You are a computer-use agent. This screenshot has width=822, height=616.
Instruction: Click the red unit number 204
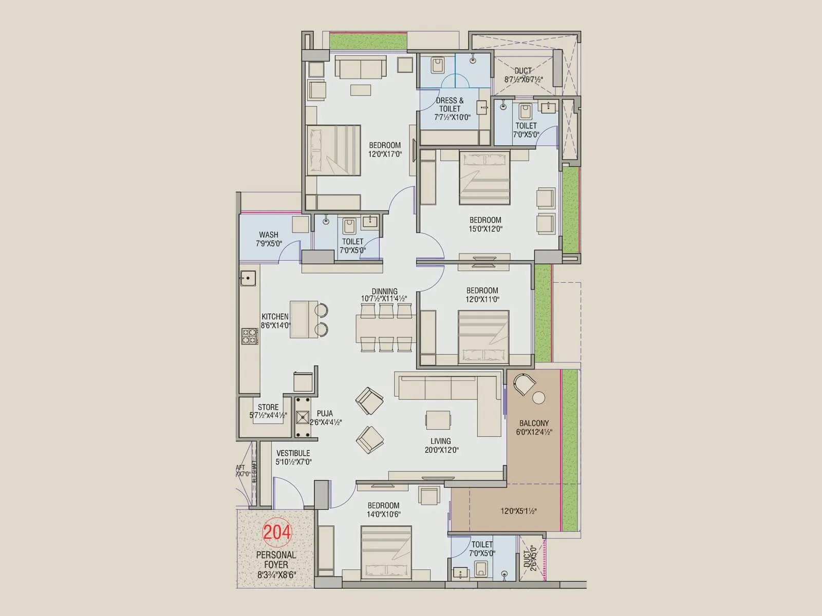point(277,532)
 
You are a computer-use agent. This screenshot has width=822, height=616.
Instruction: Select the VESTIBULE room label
point(293,453)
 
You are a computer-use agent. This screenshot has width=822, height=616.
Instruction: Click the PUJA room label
point(325,413)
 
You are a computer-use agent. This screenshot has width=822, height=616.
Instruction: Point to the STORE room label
point(268,407)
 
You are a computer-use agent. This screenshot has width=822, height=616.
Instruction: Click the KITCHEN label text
point(275,317)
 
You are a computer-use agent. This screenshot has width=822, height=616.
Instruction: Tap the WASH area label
point(269,235)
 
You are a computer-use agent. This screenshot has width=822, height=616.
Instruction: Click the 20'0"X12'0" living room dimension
point(441,450)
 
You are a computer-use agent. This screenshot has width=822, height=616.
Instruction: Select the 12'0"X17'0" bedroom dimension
point(385,154)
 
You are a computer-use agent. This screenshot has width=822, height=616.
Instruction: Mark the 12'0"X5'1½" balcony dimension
point(518,511)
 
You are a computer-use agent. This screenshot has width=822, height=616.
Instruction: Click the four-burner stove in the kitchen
point(249,337)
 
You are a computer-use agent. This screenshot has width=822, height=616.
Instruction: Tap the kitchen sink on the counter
point(248,278)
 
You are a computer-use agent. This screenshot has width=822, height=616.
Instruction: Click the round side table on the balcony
point(539,398)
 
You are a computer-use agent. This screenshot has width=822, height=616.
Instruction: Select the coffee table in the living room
point(438,419)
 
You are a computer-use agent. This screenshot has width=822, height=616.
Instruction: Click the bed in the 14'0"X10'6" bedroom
point(386,552)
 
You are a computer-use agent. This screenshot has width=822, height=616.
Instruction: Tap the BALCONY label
point(534,423)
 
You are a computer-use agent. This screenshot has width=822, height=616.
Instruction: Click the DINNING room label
point(385,291)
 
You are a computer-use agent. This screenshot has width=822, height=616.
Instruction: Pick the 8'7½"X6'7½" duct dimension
point(524,80)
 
